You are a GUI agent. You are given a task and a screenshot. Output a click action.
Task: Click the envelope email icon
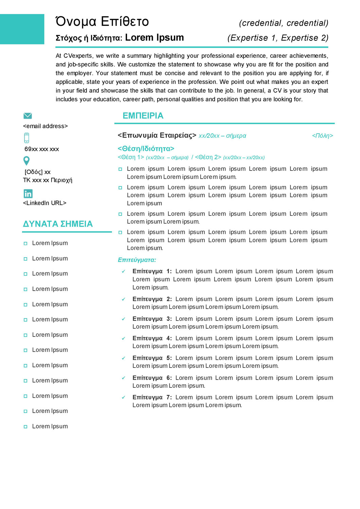(28, 116)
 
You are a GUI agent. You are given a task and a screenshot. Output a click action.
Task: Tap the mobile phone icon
(27, 138)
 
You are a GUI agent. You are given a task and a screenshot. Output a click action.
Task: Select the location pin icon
(26, 161)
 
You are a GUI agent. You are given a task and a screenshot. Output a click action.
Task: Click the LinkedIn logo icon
(28, 193)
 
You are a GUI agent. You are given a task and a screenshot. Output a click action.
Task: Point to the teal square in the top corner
(22, 29)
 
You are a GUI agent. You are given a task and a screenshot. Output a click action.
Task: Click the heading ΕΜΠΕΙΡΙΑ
(143, 116)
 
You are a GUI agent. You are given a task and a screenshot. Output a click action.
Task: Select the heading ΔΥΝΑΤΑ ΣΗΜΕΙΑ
(58, 224)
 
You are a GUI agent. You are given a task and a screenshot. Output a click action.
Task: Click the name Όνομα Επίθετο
(102, 21)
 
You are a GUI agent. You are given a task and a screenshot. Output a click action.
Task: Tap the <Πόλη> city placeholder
(322, 136)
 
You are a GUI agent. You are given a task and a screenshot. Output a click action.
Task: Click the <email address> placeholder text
(46, 126)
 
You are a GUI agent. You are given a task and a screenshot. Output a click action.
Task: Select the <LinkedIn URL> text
(44, 203)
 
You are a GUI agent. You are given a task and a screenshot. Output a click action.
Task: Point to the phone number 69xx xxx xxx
(42, 149)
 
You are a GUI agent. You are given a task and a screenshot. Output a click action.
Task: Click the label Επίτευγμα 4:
(152, 338)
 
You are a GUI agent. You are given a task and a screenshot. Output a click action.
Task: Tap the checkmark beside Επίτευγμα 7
(124, 397)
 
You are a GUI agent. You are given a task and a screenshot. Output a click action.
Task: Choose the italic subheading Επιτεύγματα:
(137, 260)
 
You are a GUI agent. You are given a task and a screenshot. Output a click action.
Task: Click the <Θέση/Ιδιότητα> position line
(146, 149)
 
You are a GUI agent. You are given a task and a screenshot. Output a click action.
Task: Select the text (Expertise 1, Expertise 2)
(278, 38)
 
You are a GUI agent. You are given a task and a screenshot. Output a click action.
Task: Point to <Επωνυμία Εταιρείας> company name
(157, 135)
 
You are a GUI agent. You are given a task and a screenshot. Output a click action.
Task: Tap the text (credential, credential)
(284, 23)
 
